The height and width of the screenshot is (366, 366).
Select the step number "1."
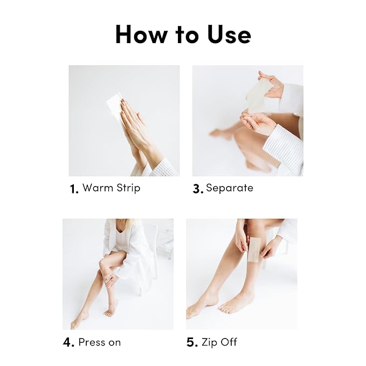click(x=74, y=189)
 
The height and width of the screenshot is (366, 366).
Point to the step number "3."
click(x=198, y=189)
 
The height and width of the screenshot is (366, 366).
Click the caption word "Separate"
click(x=229, y=188)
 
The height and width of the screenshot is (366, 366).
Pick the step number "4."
click(x=68, y=342)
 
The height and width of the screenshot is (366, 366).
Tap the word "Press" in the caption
click(x=91, y=342)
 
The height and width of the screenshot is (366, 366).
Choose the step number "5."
click(x=192, y=342)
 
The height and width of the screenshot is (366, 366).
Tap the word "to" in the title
click(x=185, y=34)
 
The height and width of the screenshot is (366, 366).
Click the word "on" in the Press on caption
click(x=114, y=343)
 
